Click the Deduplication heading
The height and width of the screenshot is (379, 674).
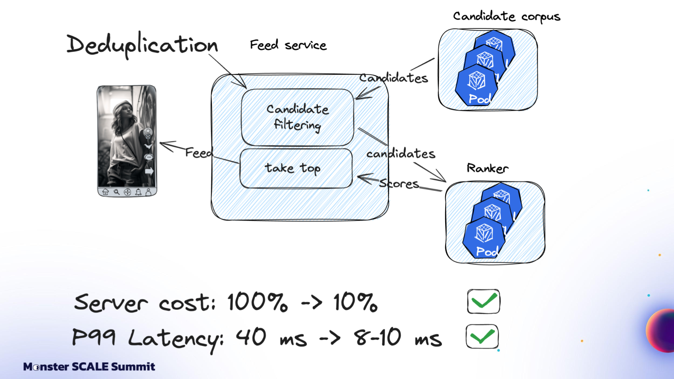142,45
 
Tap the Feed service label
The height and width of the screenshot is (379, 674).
288,45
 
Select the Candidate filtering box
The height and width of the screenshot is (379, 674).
297,117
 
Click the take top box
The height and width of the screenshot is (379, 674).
296,168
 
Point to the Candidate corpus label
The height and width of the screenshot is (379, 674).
506,16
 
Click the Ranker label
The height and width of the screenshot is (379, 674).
487,168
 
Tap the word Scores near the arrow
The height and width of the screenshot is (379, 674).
399,184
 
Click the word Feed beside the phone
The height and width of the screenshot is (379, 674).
199,153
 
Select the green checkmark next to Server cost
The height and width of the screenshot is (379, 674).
483,301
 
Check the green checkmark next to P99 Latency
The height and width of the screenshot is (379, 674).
482,337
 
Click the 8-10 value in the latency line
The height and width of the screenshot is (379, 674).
377,337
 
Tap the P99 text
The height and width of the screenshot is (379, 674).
93,337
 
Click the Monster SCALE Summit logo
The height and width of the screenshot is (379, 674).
89,367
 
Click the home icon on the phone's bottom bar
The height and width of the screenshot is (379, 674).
105,192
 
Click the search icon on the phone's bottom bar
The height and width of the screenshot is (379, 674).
117,192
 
